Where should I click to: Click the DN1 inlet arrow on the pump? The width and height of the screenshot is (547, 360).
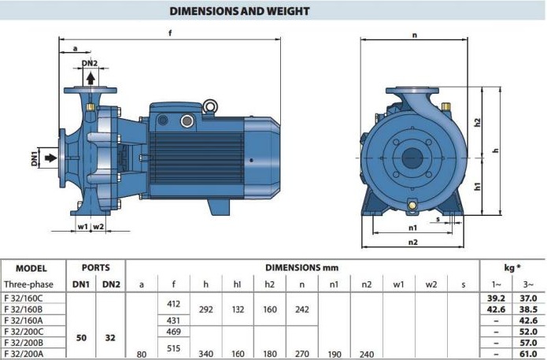(x=51, y=158)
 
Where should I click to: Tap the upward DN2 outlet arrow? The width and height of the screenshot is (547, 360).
(x=91, y=78)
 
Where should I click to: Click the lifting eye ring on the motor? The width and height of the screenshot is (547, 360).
(x=210, y=106)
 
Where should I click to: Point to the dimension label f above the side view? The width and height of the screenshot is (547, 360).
(x=170, y=33)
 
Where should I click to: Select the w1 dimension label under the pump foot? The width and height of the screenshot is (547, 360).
(x=83, y=227)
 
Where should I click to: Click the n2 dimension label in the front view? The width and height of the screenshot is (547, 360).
(x=413, y=242)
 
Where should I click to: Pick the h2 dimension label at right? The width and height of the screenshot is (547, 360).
(x=478, y=123)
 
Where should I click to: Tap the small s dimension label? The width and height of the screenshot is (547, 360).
(x=438, y=219)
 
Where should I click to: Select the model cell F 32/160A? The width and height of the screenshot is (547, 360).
(x=24, y=320)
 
